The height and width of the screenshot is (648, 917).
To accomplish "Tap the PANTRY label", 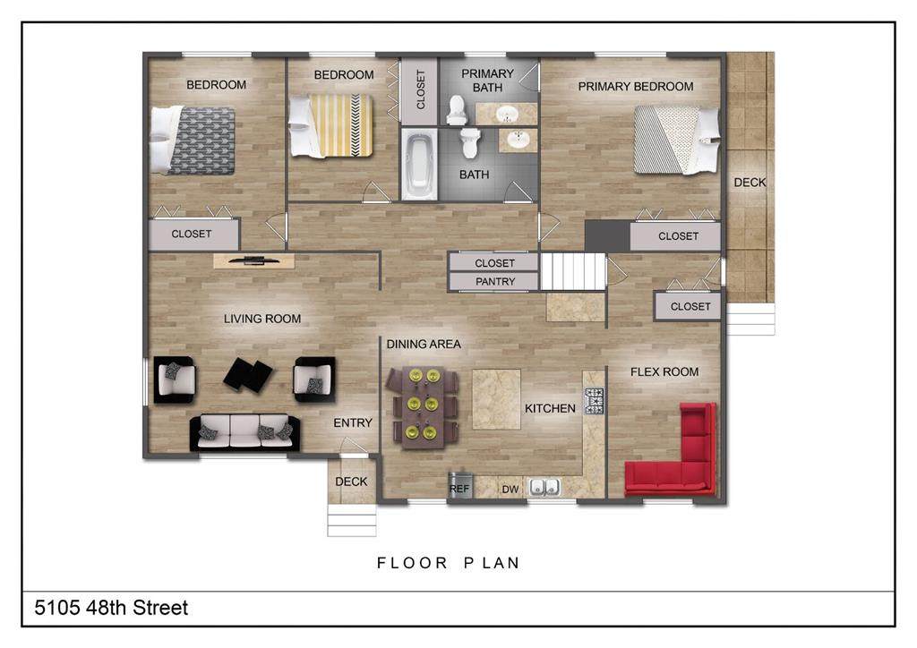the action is point(494,282).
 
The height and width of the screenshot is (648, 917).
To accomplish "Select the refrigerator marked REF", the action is point(459,485).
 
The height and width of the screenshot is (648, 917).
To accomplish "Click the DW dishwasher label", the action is point(510,489).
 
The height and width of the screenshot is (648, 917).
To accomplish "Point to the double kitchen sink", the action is point(544,487).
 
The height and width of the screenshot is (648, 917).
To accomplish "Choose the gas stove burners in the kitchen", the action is point(594,401).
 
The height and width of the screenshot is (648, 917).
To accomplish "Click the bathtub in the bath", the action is point(419,165).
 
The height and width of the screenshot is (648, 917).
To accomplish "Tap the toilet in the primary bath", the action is point(456,110).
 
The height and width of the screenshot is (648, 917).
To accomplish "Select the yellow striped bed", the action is point(331,125).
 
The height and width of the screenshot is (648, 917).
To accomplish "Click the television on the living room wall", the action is point(253,260).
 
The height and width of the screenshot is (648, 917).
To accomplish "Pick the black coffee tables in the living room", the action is point(248,374).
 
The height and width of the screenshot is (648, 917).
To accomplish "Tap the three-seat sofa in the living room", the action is point(244,432).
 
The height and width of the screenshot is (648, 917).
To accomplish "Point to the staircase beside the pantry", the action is point(572,271).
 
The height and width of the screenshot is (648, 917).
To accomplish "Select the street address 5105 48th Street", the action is point(111,608).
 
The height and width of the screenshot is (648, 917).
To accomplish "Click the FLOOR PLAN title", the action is point(449,563).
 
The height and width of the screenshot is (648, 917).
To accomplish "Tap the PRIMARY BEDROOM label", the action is point(636,87).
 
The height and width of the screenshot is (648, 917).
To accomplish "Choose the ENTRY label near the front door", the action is point(353,422).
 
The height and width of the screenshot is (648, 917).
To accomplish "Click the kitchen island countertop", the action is point(496,398).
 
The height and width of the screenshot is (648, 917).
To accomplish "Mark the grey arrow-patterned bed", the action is point(193,141).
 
